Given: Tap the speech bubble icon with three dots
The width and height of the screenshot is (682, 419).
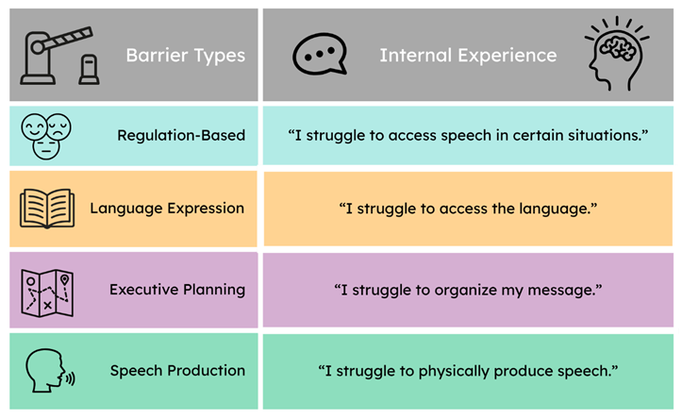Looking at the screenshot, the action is [x=320, y=54].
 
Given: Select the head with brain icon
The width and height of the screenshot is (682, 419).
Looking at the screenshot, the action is [x=617, y=54].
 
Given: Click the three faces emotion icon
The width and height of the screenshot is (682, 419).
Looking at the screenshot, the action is [x=46, y=136].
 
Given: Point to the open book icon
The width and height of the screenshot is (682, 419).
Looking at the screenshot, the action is [x=47, y=209].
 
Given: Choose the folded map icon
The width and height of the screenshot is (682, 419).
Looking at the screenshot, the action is [x=47, y=293].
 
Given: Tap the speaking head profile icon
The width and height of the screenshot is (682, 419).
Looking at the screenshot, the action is [x=50, y=371].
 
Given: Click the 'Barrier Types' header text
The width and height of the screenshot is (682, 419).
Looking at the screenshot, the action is [x=186, y=56].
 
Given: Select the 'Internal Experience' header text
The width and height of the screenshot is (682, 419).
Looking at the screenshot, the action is [x=468, y=56].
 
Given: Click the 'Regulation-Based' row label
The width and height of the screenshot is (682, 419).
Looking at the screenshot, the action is [x=181, y=135].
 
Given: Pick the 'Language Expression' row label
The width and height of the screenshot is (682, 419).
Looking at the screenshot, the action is [x=167, y=209].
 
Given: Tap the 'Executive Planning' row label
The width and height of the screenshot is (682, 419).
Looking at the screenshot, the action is [x=177, y=290].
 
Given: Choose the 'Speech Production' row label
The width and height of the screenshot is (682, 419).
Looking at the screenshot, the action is [x=178, y=371].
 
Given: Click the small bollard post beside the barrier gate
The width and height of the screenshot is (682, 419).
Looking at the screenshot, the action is [x=90, y=70].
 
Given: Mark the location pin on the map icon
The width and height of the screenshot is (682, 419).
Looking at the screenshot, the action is [x=65, y=279].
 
